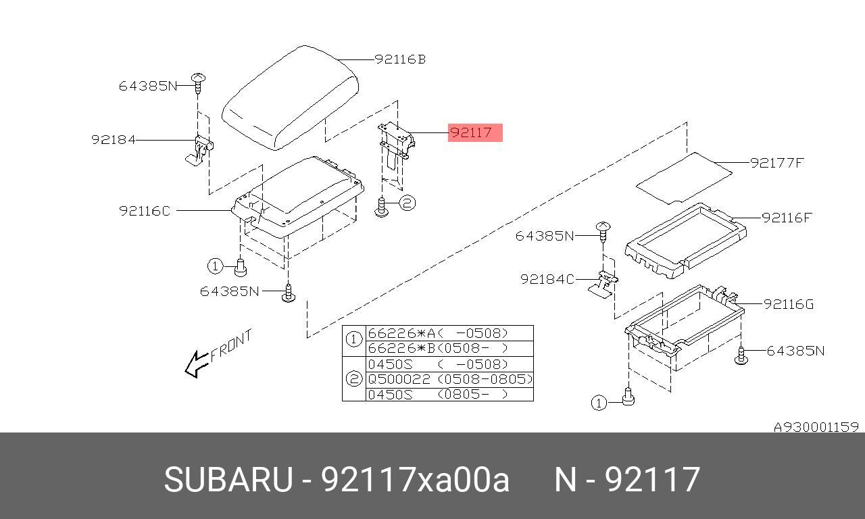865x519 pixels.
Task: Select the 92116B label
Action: (x=400, y=59)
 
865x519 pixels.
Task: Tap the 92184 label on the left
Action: (x=114, y=140)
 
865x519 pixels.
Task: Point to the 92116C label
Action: (x=145, y=211)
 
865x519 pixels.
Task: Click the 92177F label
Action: (x=776, y=163)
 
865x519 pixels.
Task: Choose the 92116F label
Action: (x=787, y=218)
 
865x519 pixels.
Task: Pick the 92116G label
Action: (x=789, y=304)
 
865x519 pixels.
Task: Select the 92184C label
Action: (x=547, y=279)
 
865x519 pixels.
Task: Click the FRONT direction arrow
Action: (x=197, y=364)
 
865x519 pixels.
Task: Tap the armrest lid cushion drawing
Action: (x=291, y=98)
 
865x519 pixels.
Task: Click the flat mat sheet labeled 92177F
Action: (x=684, y=178)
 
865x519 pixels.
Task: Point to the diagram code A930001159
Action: (x=816, y=427)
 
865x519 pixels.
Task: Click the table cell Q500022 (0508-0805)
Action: (x=449, y=379)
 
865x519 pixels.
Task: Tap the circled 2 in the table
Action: (x=353, y=379)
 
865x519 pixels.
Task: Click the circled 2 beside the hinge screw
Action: (x=407, y=202)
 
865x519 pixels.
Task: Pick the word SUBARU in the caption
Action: (x=228, y=480)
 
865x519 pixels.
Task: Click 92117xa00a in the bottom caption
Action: (x=414, y=480)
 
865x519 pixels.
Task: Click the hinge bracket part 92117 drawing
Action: (x=395, y=145)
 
